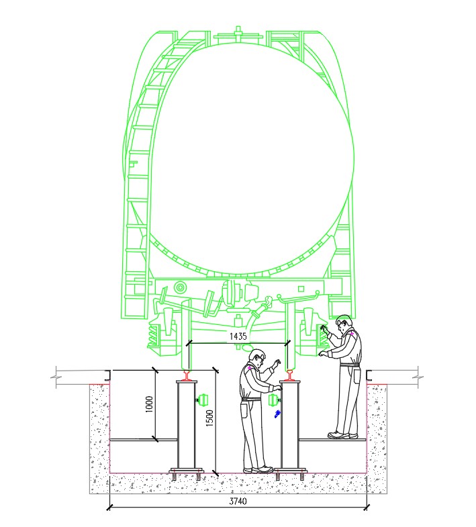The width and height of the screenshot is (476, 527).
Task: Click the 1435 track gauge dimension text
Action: tap(238, 336)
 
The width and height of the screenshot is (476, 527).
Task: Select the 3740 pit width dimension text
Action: tap(238, 501)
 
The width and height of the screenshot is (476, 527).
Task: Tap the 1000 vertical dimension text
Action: tap(150, 404)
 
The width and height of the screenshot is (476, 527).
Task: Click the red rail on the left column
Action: tap(186, 375)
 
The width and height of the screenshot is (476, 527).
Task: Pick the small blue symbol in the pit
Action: tap(277, 414)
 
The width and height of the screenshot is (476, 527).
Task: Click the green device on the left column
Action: tap(202, 400)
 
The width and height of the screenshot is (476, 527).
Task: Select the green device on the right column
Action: tap(274, 399)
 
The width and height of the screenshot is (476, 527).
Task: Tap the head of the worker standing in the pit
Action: tap(258, 358)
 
